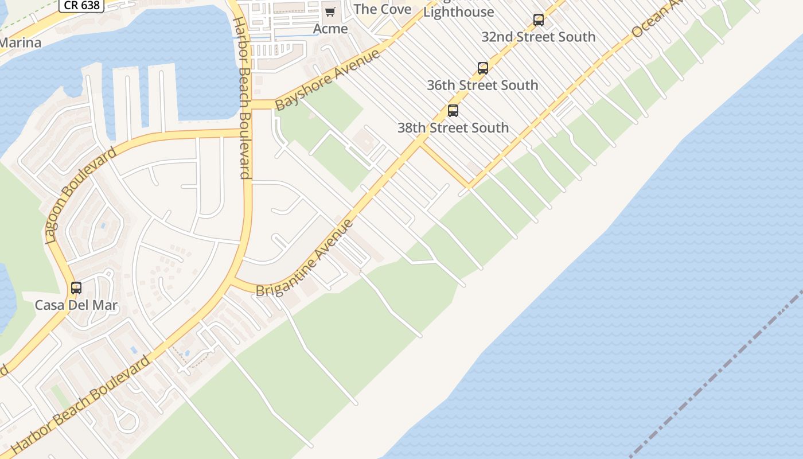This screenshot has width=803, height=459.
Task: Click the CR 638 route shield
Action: click(x=81, y=6)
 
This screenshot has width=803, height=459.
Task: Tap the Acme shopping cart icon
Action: click(x=330, y=11)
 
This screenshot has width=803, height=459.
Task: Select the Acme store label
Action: click(x=330, y=29)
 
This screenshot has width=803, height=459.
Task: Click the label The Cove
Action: click(x=383, y=9)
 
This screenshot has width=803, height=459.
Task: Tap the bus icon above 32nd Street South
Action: click(x=539, y=20)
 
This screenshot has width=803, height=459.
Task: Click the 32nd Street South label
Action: click(x=539, y=37)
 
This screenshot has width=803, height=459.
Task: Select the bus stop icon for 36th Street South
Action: click(x=483, y=68)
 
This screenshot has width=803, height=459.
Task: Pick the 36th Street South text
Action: click(x=482, y=85)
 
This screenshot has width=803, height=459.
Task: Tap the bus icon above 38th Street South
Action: click(x=453, y=111)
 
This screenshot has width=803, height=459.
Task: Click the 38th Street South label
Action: click(x=453, y=127)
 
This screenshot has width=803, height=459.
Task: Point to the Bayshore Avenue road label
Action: click(x=328, y=80)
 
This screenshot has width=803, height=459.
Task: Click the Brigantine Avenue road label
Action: click(x=305, y=259)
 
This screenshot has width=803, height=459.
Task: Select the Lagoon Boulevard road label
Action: click(x=80, y=195)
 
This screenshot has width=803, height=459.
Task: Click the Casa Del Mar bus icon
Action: click(x=76, y=288)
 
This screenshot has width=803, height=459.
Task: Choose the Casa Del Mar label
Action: click(x=76, y=305)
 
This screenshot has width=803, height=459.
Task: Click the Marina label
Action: click(x=20, y=43)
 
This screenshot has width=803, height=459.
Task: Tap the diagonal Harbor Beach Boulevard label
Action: click(x=80, y=405)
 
